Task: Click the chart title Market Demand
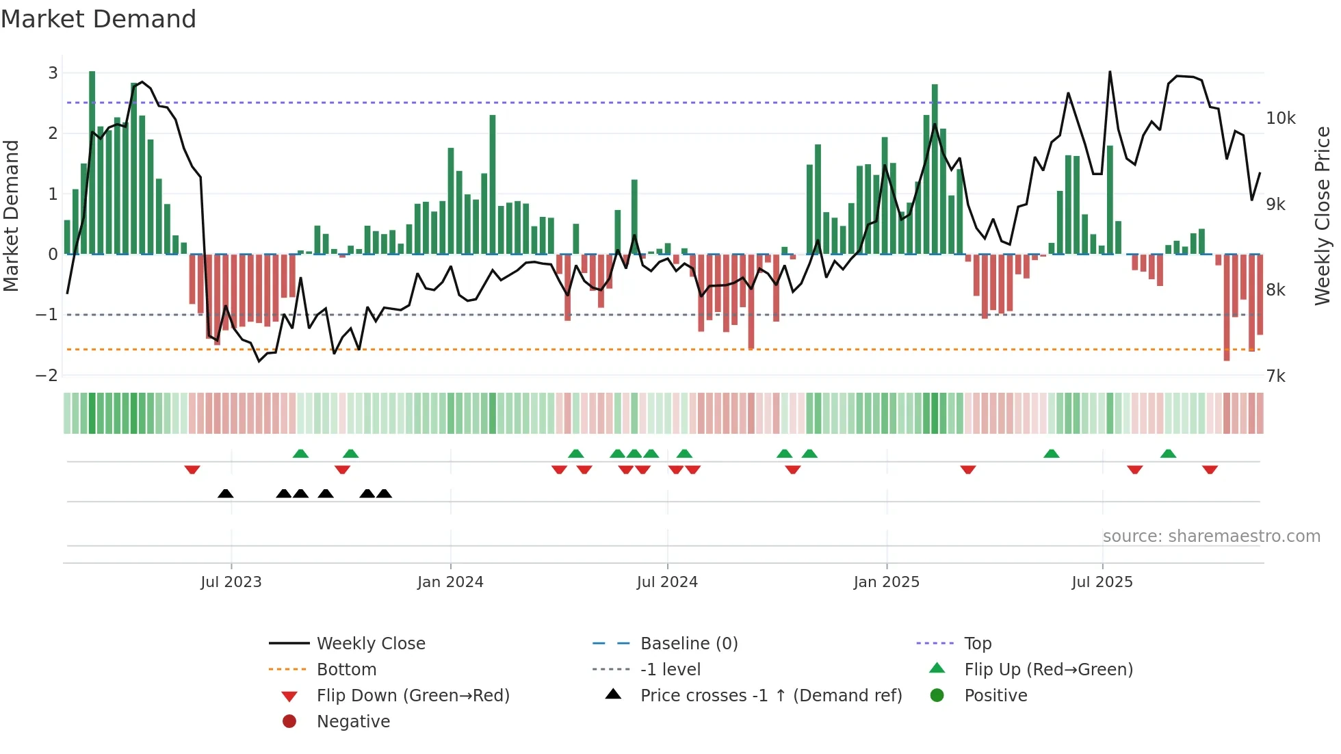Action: tap(99, 19)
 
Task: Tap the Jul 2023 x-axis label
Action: tap(231, 582)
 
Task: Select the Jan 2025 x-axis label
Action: tap(887, 582)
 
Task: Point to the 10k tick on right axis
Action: tap(1280, 118)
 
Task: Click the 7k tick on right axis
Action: tap(1275, 376)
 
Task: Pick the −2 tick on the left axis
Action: tap(47, 375)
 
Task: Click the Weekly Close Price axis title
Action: tap(1323, 216)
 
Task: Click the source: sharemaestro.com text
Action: tap(1211, 536)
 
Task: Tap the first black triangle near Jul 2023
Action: tap(226, 493)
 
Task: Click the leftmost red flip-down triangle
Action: tap(192, 469)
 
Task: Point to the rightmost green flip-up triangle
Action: tap(1168, 454)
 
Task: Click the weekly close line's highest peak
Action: tap(1110, 72)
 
